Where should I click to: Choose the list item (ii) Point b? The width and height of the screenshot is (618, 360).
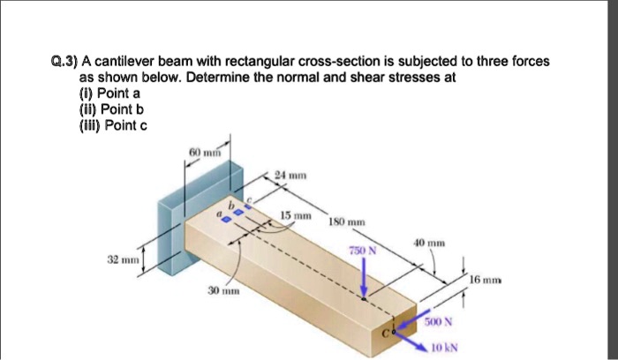111,109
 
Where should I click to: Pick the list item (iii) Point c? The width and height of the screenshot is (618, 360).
113,125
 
